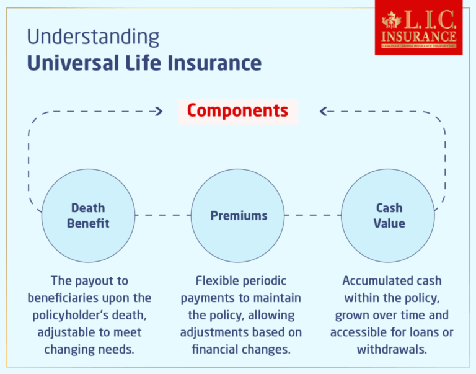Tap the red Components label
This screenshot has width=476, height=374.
tap(237, 110)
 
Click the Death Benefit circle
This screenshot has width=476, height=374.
tap(88, 215)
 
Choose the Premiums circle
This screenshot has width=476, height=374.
tap(239, 215)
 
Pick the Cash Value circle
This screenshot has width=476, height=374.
tap(389, 215)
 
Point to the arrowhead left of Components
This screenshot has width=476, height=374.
tap(158, 112)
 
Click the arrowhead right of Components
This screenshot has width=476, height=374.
tap(324, 112)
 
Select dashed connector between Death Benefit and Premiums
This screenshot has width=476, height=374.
tap(163, 215)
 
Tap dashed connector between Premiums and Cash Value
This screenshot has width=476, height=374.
tap(314, 215)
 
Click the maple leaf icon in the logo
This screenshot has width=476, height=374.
tap(392, 20)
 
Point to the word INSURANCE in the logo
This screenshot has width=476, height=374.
tap(419, 35)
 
